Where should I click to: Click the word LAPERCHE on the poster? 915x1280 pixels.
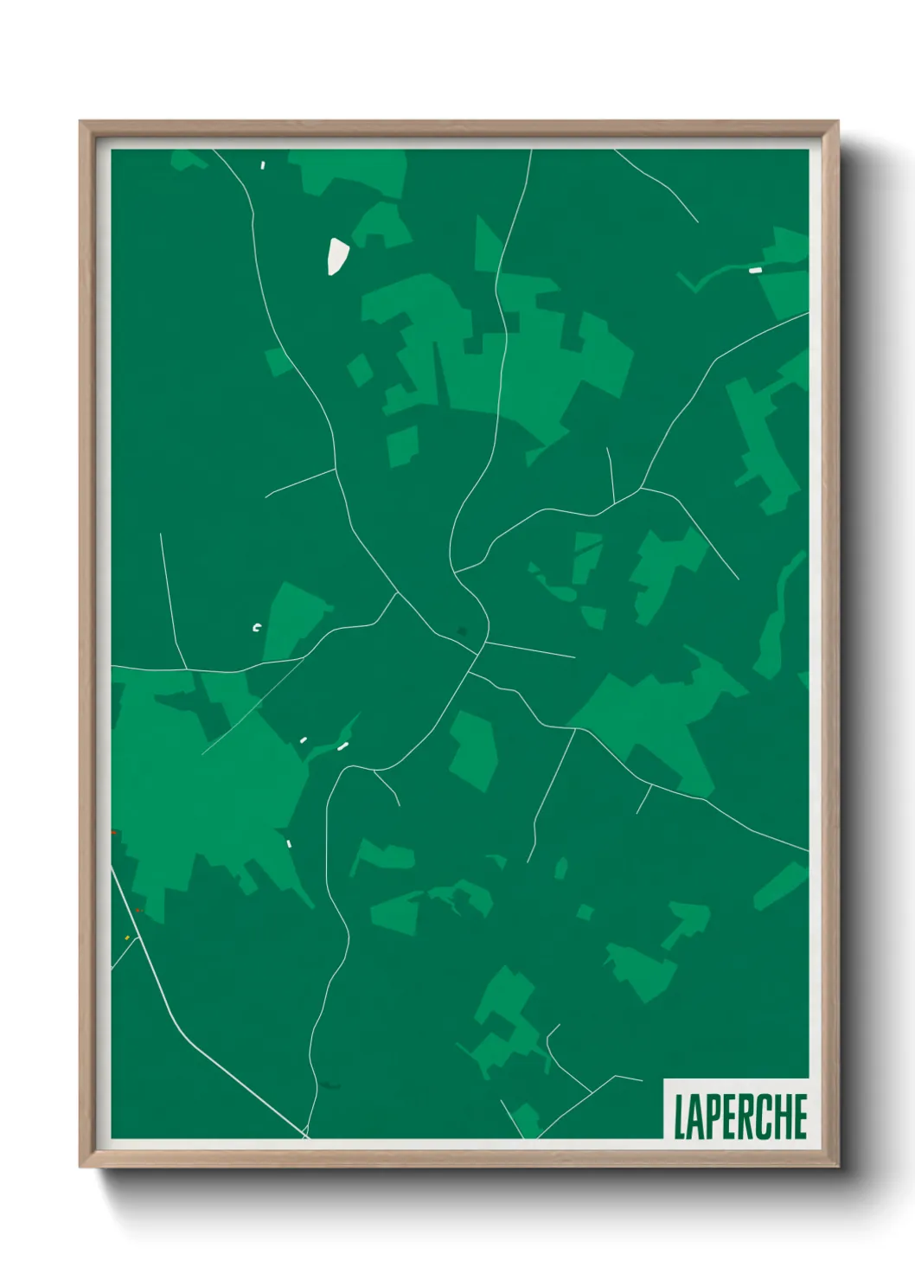740,1116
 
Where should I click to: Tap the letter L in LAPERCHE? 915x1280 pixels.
680,1117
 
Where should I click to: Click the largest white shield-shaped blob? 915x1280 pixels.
336,256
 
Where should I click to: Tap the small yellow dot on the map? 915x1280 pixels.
127,938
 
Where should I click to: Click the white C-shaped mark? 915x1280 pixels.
256,628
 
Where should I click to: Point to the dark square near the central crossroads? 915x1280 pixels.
462,630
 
